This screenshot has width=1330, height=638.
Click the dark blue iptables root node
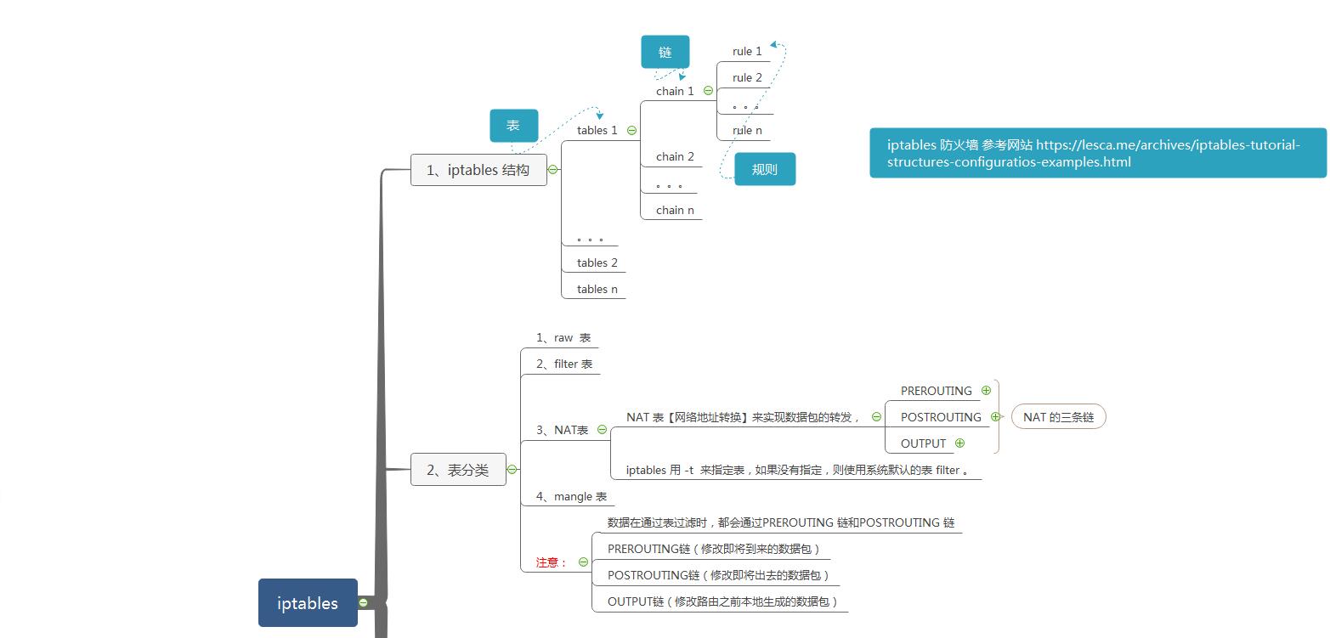pyautogui.click(x=308, y=603)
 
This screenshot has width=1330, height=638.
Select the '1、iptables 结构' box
pyautogui.click(x=478, y=170)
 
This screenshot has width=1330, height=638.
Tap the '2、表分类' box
pyautogui.click(x=458, y=470)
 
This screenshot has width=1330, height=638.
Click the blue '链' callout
pyautogui.click(x=665, y=52)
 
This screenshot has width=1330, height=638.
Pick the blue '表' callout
pyautogui.click(x=513, y=126)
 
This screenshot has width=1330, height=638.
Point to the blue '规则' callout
pyautogui.click(x=765, y=169)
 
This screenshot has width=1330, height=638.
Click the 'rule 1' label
pyautogui.click(x=747, y=52)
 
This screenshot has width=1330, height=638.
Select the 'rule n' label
pyautogui.click(x=747, y=131)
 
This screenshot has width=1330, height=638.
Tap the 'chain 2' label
pyautogui.click(x=675, y=157)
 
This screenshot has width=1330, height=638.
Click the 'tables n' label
pyautogui.click(x=597, y=290)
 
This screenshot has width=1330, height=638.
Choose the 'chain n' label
pyautogui.click(x=675, y=211)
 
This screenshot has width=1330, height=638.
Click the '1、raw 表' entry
pyautogui.click(x=563, y=338)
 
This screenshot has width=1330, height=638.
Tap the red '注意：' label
pyautogui.click(x=551, y=562)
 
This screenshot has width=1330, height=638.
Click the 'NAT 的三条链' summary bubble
pyautogui.click(x=1058, y=417)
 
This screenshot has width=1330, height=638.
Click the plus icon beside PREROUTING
pyautogui.click(x=986, y=391)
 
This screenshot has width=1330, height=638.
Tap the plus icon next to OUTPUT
pyautogui.click(x=959, y=443)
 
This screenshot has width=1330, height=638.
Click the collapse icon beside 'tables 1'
pyautogui.click(x=631, y=131)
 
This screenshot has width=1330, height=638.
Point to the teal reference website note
pyautogui.click(x=1097, y=153)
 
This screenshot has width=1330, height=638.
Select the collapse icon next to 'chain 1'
pyautogui.click(x=708, y=91)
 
